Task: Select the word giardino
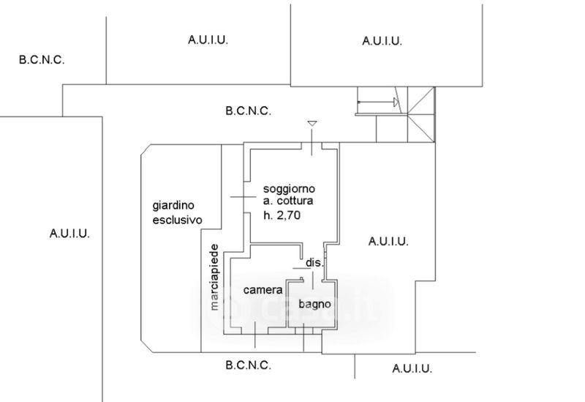174,206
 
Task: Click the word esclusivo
177,220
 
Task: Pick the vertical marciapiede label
215,277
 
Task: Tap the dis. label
314,263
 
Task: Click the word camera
263,290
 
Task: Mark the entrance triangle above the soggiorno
312,124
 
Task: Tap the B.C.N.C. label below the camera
249,365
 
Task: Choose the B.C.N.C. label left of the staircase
249,111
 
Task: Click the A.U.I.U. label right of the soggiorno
388,241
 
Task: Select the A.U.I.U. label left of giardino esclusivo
69,234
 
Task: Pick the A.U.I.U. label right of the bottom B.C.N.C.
412,368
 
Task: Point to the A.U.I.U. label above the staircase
382,41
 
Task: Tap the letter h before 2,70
268,215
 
